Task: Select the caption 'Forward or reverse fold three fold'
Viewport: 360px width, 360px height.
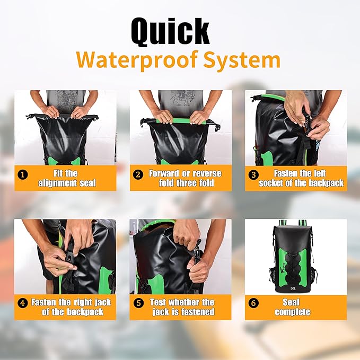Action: [185, 178]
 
